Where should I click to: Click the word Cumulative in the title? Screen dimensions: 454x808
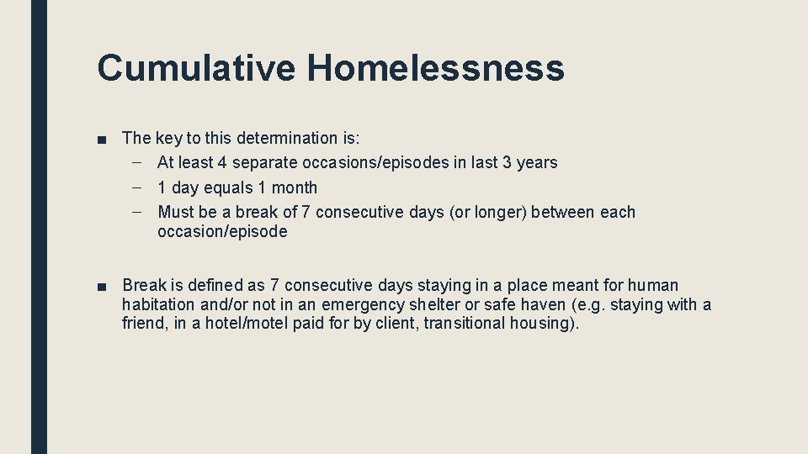pos(195,68)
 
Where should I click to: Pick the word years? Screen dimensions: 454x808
pos(537,162)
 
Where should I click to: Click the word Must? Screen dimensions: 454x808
pos(175,213)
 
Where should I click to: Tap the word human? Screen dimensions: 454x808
pos(652,286)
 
